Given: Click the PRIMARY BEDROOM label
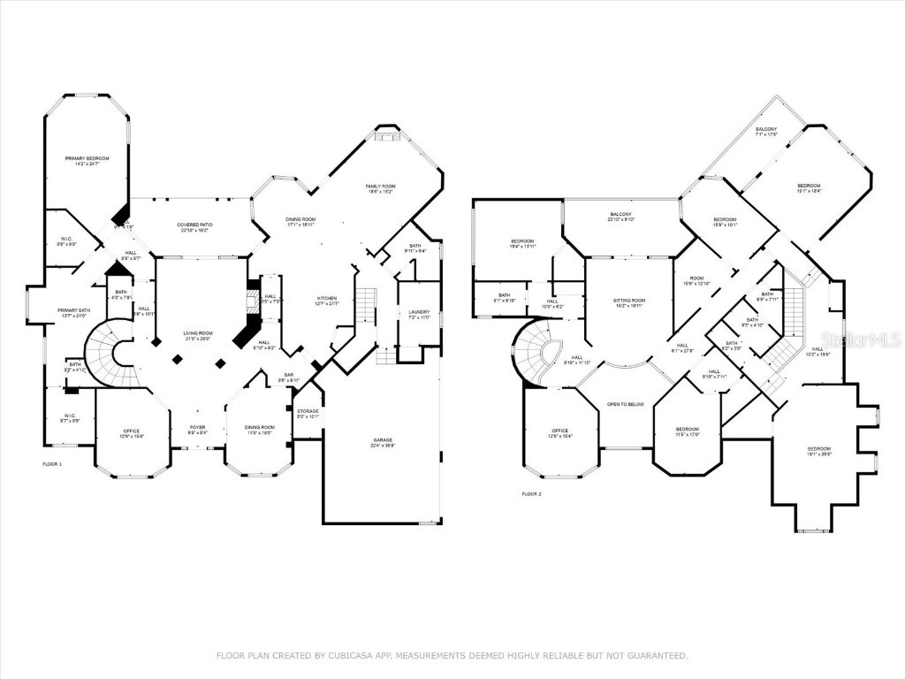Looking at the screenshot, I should pyautogui.click(x=87, y=159).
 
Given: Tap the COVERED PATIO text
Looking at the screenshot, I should pyautogui.click(x=193, y=226).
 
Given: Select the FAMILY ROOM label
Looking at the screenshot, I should pyautogui.click(x=380, y=187).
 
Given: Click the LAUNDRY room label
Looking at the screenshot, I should pyautogui.click(x=418, y=312).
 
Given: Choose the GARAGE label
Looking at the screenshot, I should pyautogui.click(x=383, y=441).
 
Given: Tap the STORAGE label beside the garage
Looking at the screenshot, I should pyautogui.click(x=308, y=412).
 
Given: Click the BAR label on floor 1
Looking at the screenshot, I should pyautogui.click(x=287, y=377).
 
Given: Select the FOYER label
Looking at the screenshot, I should pyautogui.click(x=197, y=429).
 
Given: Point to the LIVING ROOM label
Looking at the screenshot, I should pyautogui.click(x=197, y=334).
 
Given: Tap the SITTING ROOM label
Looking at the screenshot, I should pyautogui.click(x=629, y=302).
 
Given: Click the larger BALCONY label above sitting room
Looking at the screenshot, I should pyautogui.click(x=621, y=215).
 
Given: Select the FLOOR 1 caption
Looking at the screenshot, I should pyautogui.click(x=53, y=463).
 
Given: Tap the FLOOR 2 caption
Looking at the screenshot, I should pyautogui.click(x=530, y=493).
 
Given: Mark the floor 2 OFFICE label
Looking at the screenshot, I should pyautogui.click(x=561, y=432).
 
